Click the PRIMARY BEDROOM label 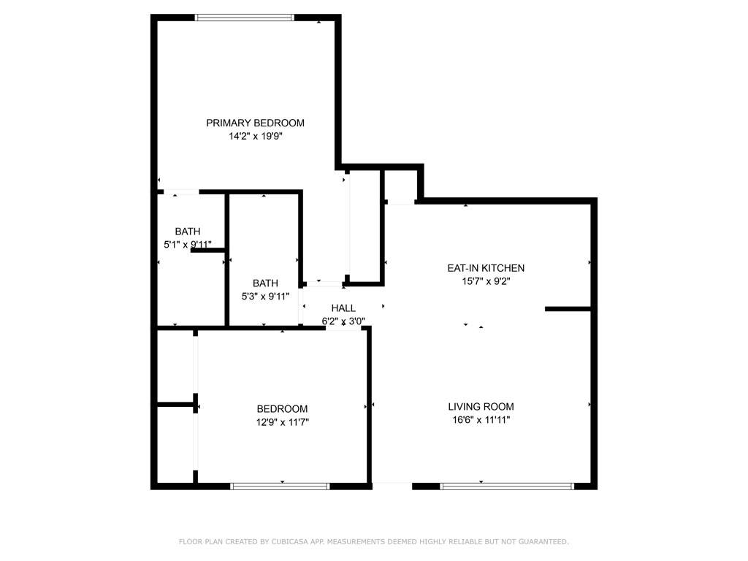point(255,123)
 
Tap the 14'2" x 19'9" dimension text point(255,136)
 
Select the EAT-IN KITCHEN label point(486,268)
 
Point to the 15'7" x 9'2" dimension point(486,281)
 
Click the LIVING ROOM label point(481,407)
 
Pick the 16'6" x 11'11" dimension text point(481,420)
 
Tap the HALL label point(343,308)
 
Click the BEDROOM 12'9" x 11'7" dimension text point(282,422)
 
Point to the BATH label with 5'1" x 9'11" point(187,232)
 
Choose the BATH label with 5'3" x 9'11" point(265,283)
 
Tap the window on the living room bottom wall point(507,486)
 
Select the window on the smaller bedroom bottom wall point(280,486)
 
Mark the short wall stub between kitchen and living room point(567,309)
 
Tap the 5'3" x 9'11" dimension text point(265,297)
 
